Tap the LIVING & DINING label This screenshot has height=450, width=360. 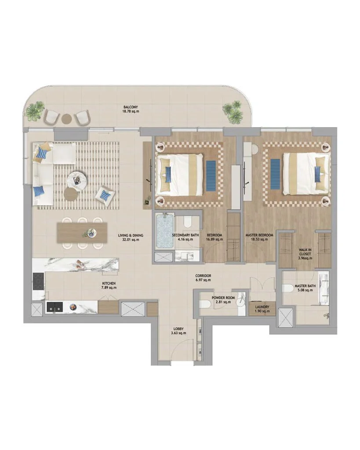(x=131, y=235)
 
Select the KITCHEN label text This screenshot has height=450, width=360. (x=109, y=283)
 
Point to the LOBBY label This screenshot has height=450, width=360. (x=178, y=329)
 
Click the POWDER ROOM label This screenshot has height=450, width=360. (x=223, y=298)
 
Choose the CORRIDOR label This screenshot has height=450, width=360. (x=204, y=276)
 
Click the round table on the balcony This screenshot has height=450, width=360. (x=66, y=118)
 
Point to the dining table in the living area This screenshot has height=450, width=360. (x=82, y=232)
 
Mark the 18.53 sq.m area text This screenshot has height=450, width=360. (x=259, y=240)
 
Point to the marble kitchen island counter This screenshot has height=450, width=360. (x=75, y=265)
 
